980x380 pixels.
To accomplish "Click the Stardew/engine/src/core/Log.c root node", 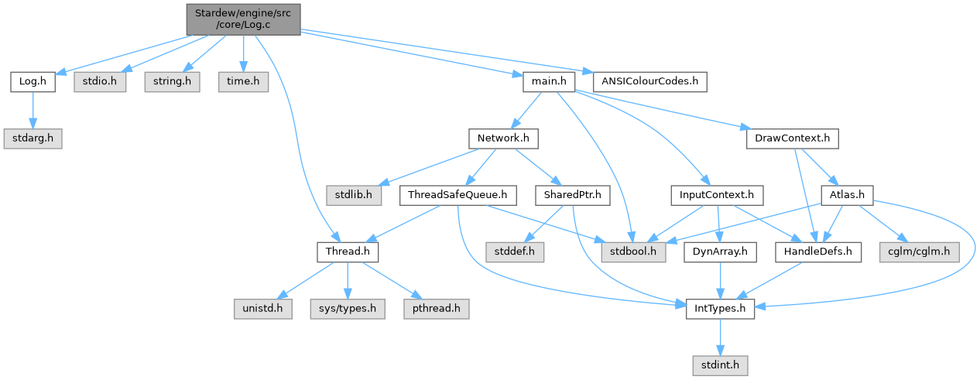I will [x=243, y=19].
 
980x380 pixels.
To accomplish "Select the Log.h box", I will [x=33, y=80].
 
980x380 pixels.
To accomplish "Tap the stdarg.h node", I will [x=33, y=139].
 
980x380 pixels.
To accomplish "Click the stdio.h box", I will [x=96, y=80].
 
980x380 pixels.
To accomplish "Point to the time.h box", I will [x=243, y=80].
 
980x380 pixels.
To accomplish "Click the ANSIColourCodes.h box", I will [x=650, y=80].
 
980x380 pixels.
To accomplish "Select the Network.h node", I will [x=503, y=139].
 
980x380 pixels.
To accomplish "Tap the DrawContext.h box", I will [x=792, y=139].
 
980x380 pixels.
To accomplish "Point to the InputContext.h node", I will [x=718, y=195].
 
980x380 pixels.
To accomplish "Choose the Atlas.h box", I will [x=846, y=195].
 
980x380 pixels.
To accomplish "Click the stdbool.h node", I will [x=632, y=252].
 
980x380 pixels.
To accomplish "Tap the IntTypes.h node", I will [x=721, y=309].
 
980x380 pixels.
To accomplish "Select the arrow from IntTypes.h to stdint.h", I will [x=721, y=337].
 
